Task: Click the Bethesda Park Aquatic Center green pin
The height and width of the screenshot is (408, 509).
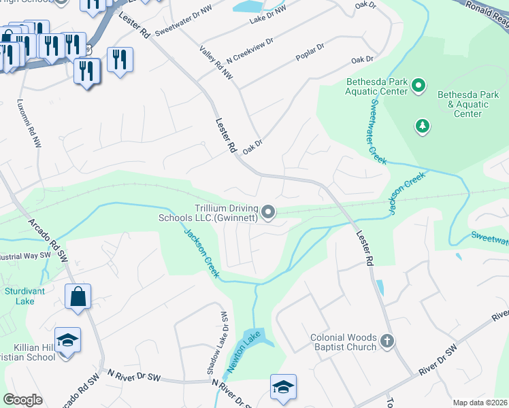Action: click(418, 86)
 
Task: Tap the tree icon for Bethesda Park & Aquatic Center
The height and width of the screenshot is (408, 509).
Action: click(423, 126)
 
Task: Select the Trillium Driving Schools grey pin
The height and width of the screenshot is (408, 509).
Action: click(269, 213)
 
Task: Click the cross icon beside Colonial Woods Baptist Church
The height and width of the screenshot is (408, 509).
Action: click(387, 341)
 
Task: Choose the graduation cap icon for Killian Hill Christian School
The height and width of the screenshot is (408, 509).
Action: click(67, 340)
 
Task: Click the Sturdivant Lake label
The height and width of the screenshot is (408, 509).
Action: click(19, 296)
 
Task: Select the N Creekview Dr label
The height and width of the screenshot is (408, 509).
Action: click(250, 50)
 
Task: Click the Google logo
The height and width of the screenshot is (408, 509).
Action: click(22, 400)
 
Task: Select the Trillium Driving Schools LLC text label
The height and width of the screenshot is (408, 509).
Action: click(208, 213)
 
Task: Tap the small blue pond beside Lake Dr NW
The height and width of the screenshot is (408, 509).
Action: click(247, 7)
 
